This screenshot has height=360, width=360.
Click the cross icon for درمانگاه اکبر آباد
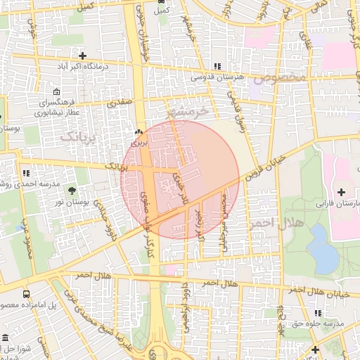coord(83,55)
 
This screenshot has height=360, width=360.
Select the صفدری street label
coord(119,103)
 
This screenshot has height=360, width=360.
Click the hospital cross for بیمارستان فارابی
coord(342,192)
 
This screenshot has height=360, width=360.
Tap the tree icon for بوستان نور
coord(72,190)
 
